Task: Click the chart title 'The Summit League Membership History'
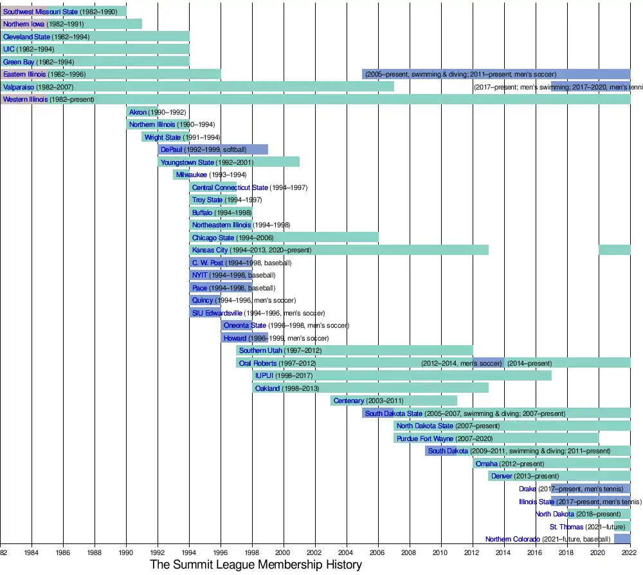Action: pos(256,565)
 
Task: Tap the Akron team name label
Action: pos(138,112)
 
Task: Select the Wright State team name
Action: pos(162,137)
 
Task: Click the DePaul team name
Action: pos(172,149)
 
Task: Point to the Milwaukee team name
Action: pos(192,174)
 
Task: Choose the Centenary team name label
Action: pos(349,401)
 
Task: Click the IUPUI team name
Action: pos(264,375)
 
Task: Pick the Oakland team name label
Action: pos(267,388)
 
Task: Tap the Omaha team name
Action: pos(486,464)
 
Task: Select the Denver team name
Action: pos(502,476)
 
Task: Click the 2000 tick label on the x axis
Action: pos(283,552)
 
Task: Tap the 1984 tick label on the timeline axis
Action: pos(32,552)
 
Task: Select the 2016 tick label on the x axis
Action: pos(535,552)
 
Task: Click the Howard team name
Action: pos(235,338)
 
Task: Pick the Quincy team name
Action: pos(203,300)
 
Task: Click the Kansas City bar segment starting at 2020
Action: pos(614,250)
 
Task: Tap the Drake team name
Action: pos(527,489)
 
